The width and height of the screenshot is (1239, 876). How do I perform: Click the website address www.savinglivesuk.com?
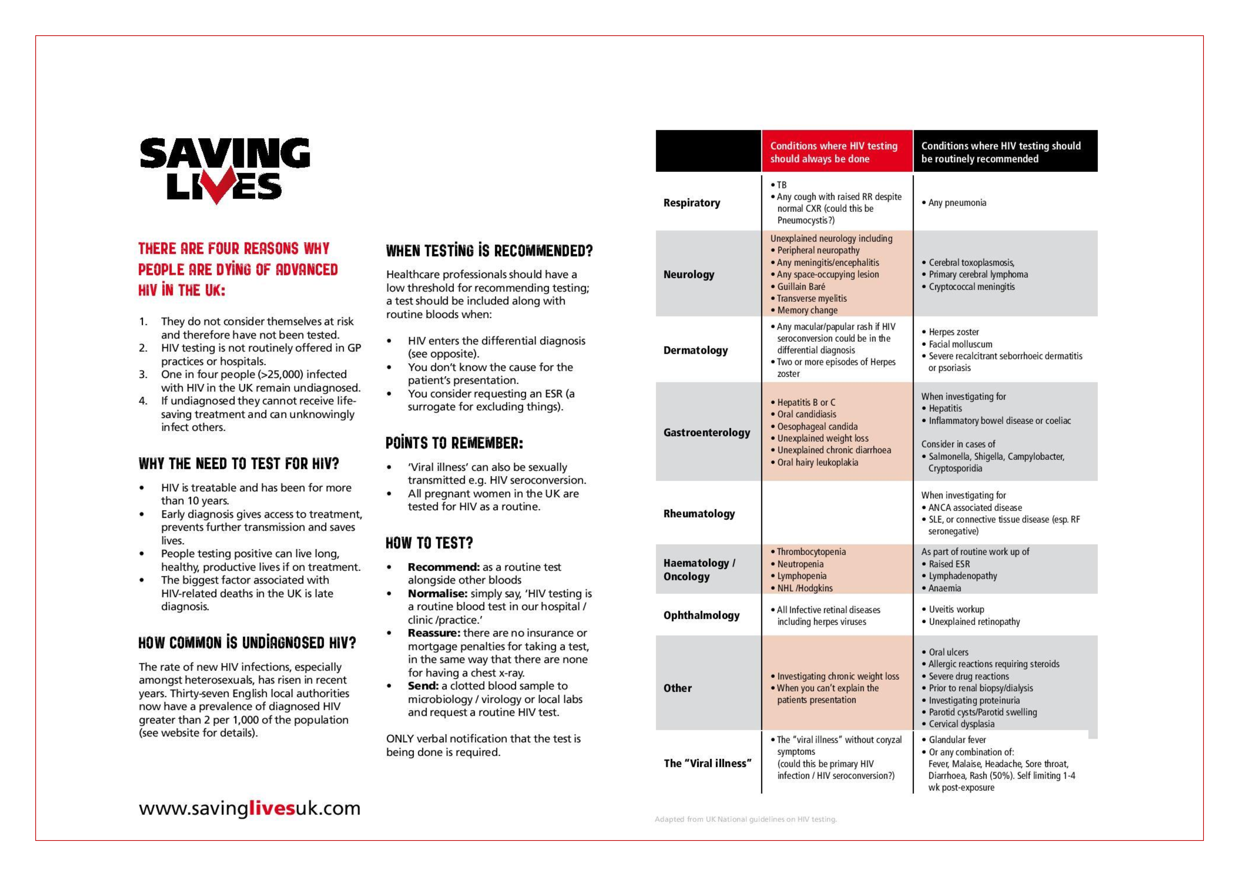pos(249,808)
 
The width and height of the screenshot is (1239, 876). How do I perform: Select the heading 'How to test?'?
pos(429,543)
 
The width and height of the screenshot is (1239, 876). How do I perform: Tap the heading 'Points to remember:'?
pos(454,443)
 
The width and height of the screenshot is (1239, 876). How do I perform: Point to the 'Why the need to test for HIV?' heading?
pos(239,464)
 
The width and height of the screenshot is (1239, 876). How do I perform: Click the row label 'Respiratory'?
pos(691,203)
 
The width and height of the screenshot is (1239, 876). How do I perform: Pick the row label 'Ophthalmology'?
pos(701,615)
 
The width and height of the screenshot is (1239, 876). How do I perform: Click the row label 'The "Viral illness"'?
pos(707,763)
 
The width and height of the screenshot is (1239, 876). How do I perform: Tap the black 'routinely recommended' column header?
pos(1000,152)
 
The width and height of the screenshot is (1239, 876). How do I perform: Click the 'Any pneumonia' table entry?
pos(957,203)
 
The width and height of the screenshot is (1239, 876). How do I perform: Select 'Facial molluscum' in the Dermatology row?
pos(960,344)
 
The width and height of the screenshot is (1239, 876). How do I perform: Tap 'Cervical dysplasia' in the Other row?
pos(961,724)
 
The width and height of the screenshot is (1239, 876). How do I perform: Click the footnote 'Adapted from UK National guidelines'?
pos(745,819)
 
